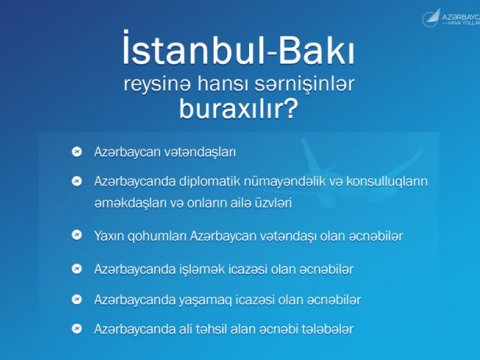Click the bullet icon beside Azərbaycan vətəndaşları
click(75, 152)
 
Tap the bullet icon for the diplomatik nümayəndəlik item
click(75, 181)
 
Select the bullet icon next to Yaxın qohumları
click(75, 235)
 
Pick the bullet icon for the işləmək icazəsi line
click(75, 269)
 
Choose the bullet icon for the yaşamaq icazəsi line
click(75, 299)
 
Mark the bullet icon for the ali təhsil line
click(75, 328)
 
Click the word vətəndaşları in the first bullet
click(199, 152)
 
